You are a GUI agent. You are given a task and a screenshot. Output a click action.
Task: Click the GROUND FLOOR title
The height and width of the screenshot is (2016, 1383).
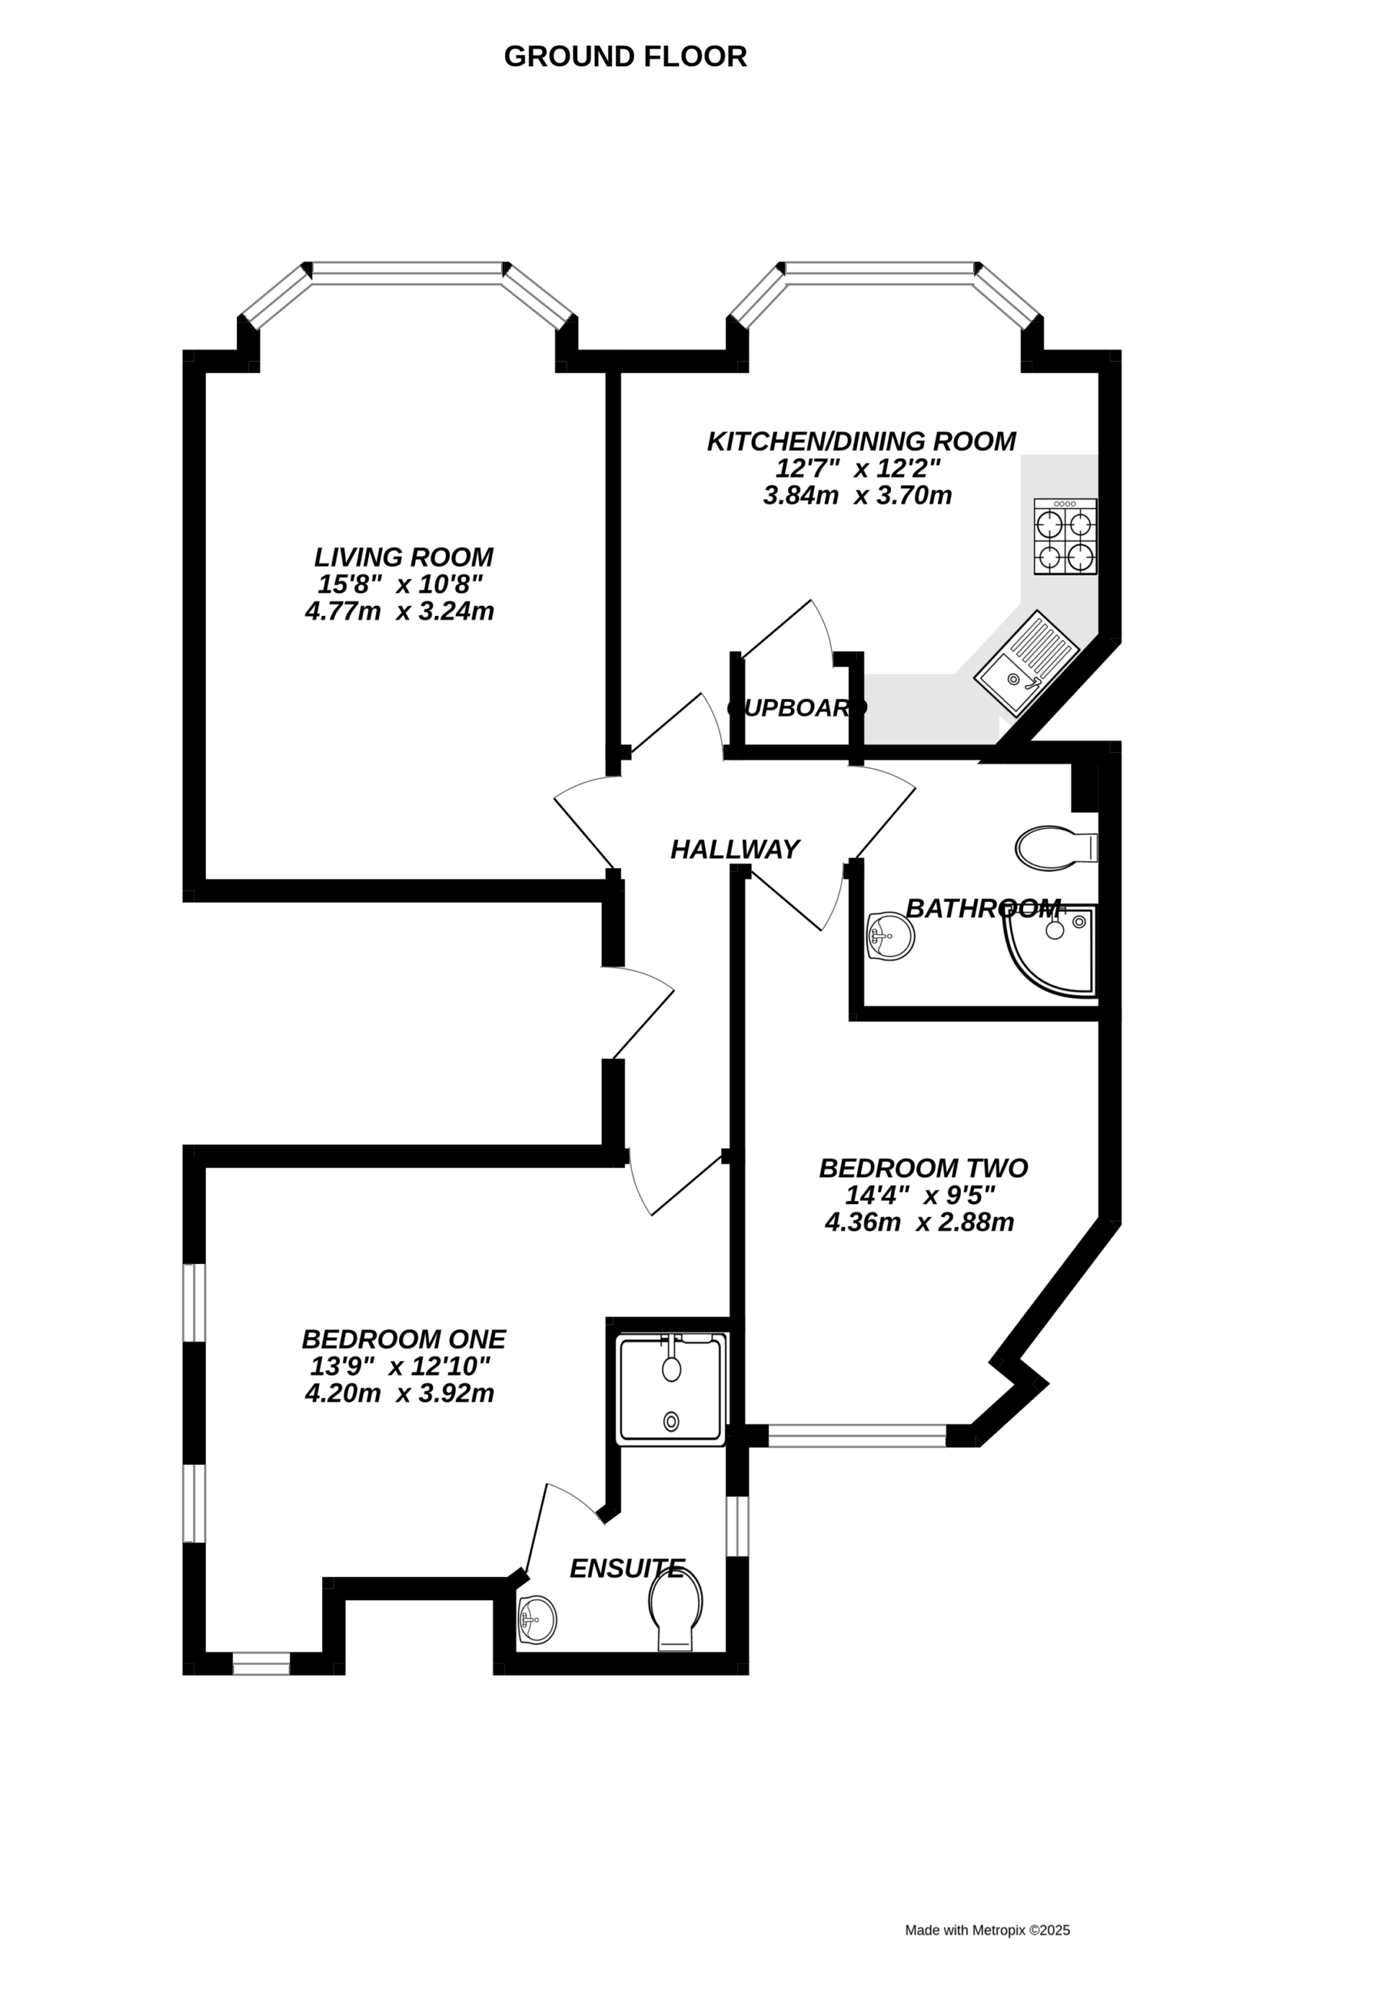click(625, 57)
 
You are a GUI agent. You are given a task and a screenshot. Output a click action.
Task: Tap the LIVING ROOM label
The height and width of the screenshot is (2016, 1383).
click(403, 557)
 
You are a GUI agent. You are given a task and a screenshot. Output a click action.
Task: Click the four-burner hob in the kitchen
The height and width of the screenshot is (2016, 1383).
click(1065, 536)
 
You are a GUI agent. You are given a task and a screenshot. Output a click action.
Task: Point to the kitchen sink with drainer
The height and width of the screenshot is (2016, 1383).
click(1026, 664)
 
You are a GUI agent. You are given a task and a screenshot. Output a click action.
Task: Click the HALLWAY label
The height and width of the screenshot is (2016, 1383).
click(735, 849)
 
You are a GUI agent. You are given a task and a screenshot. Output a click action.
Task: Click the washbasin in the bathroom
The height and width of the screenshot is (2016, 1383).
click(890, 936)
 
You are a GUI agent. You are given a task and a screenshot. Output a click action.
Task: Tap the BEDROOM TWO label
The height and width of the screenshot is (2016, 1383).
click(923, 1168)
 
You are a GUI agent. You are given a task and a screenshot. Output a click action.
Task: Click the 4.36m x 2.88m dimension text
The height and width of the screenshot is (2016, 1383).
click(919, 1223)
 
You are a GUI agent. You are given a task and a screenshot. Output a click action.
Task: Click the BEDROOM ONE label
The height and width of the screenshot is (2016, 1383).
click(403, 1339)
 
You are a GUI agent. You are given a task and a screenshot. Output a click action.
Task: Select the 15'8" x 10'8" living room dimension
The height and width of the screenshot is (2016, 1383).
click(400, 584)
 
